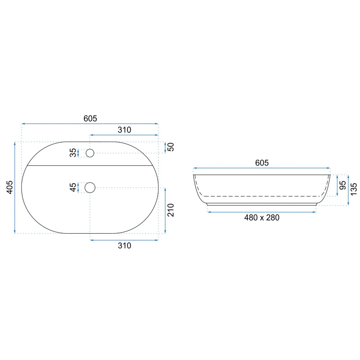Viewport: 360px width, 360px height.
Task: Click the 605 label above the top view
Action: [90, 118]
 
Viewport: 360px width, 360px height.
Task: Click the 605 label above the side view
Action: [262, 163]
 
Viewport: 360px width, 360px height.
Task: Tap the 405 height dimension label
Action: [9, 187]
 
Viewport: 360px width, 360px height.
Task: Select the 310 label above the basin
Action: [124, 130]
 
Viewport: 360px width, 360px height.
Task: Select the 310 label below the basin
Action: [124, 245]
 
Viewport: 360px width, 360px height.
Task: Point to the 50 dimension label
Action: [171, 147]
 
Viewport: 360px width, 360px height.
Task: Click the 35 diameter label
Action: [73, 153]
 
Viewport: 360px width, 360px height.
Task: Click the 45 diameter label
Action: [73, 187]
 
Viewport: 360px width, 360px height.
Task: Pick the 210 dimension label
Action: [171, 210]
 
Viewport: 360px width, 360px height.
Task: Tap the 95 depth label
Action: [343, 185]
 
